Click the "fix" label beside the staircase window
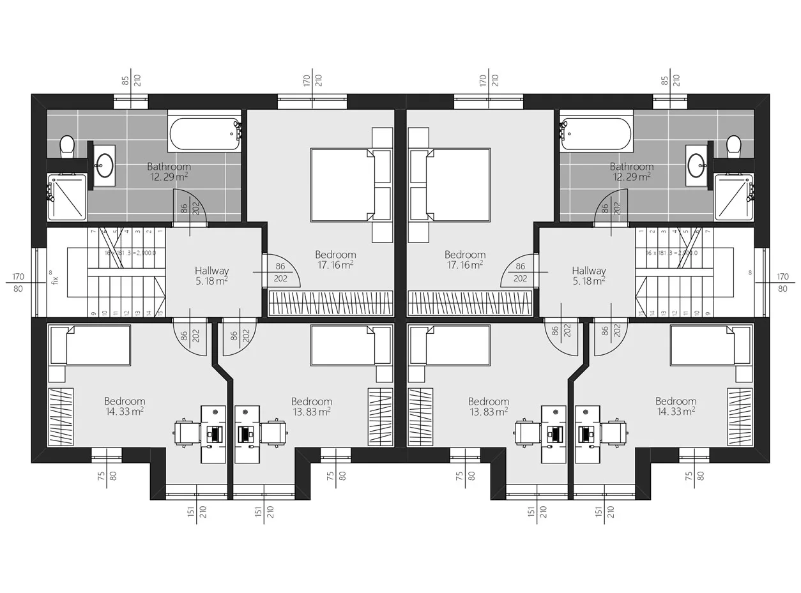click(55, 279)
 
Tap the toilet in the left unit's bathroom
click(67, 146)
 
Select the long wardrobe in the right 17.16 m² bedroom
click(469, 303)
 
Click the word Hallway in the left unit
click(211, 271)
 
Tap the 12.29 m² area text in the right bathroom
click(631, 177)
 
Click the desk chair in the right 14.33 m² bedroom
click(616, 432)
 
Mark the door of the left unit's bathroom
click(190, 207)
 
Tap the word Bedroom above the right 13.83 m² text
click(488, 402)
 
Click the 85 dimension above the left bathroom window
click(126, 80)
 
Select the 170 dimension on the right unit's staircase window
click(782, 276)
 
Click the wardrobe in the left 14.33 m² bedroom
click(61, 417)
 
